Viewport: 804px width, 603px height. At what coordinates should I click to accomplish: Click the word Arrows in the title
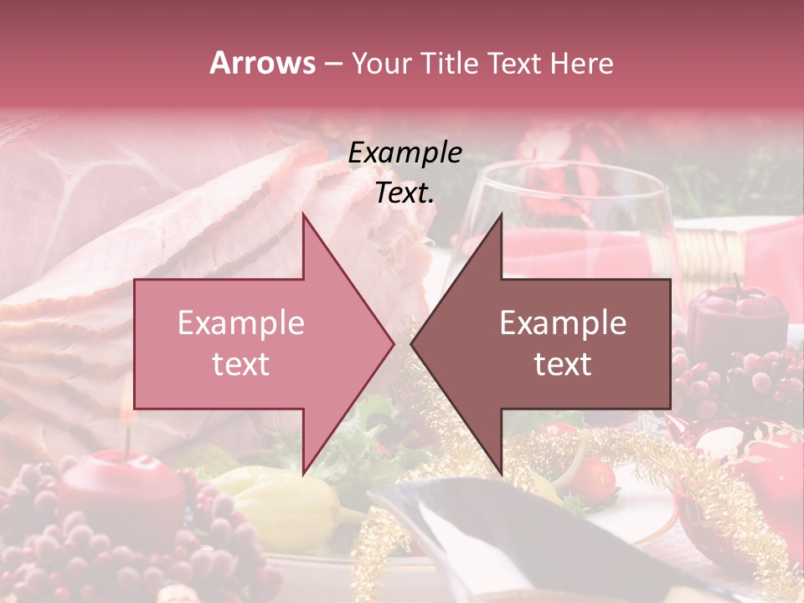[262, 63]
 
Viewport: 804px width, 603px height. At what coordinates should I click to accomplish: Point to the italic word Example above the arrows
[405, 153]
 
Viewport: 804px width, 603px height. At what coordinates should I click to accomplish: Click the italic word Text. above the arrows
[405, 193]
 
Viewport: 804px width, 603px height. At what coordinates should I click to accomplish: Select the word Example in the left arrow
[241, 323]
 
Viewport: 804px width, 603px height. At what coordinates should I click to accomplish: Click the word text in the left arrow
[241, 364]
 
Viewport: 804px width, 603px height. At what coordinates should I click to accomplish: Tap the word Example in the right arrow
[563, 323]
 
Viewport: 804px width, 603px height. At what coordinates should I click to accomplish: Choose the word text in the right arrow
[563, 364]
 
